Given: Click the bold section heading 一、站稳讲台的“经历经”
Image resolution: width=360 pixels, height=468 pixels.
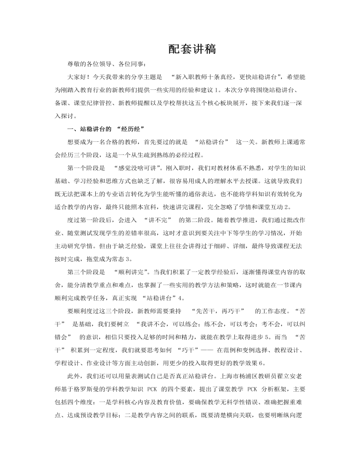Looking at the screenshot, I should [x=105, y=129].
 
